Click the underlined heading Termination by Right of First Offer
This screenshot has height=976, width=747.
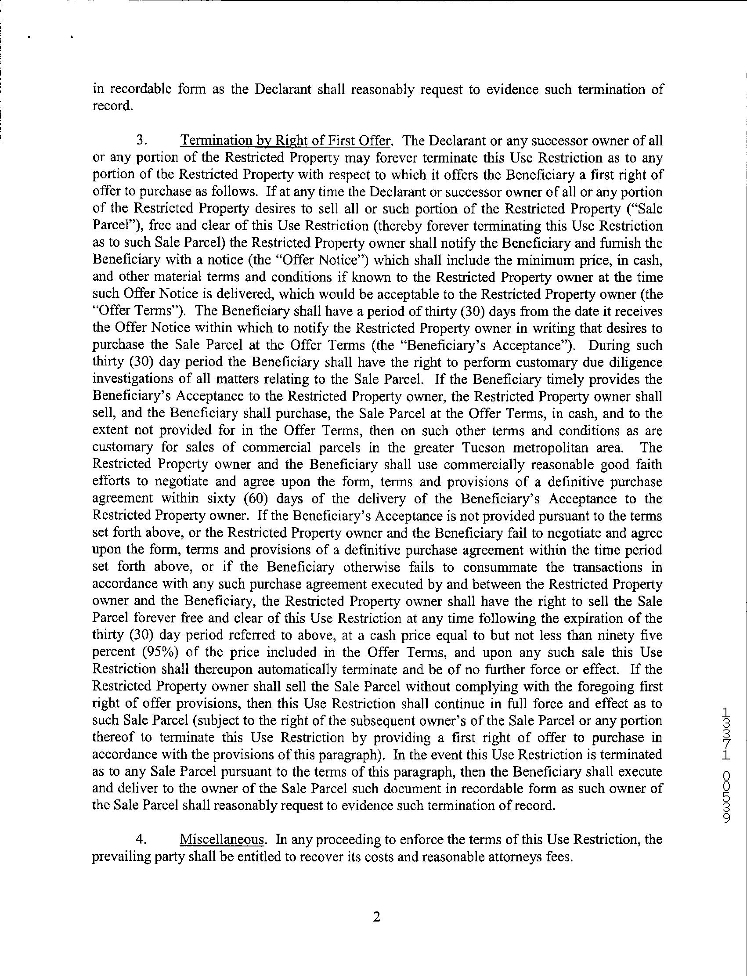[x=285, y=141]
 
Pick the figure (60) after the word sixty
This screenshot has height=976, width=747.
[x=256, y=499]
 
